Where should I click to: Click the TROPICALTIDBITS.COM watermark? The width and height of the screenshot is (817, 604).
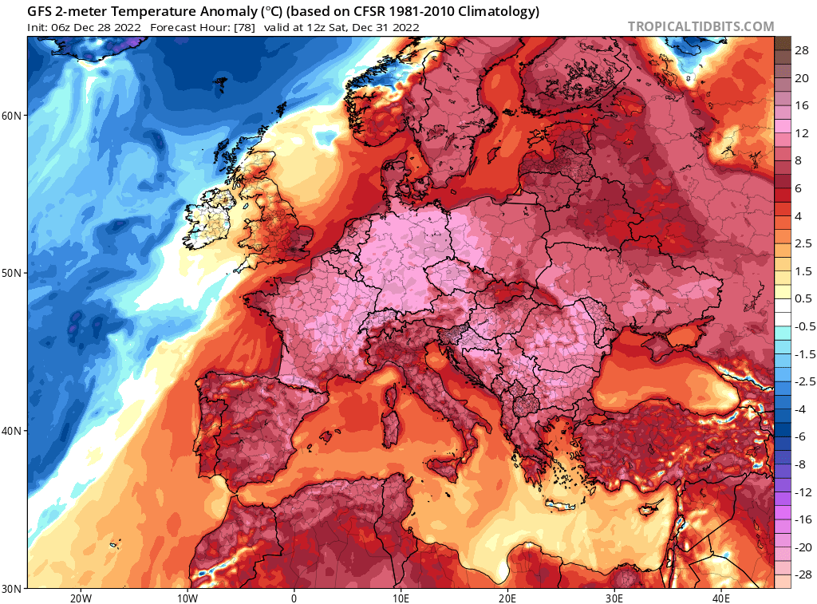pyautogui.click(x=701, y=26)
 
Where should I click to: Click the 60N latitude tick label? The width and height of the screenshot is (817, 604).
pyautogui.click(x=12, y=116)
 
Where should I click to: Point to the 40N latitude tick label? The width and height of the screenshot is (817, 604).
pyautogui.click(x=12, y=431)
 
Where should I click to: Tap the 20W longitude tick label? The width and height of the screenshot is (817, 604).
pyautogui.click(x=80, y=597)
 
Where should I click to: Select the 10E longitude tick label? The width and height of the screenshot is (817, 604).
pyautogui.click(x=401, y=597)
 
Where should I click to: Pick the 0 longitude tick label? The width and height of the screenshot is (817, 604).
pyautogui.click(x=294, y=597)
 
